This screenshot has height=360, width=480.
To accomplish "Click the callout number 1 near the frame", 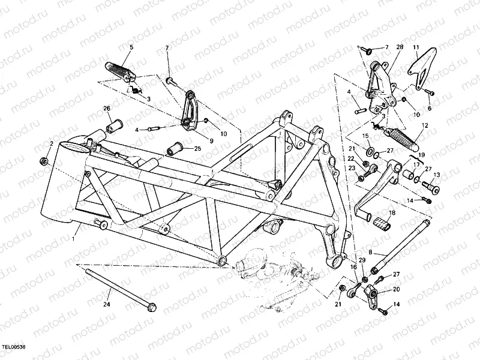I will point(73,238).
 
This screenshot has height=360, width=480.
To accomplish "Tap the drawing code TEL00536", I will point(14,347).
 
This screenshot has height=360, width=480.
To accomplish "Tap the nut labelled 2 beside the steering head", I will point(44,162).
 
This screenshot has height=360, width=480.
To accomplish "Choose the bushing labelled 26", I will point(114,125).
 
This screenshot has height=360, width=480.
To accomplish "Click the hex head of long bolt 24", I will point(151,307).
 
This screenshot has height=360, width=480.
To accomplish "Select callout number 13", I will point(436,175).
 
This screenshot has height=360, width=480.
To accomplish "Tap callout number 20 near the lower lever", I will point(396,289).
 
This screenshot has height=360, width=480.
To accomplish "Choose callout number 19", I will point(422,155).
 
